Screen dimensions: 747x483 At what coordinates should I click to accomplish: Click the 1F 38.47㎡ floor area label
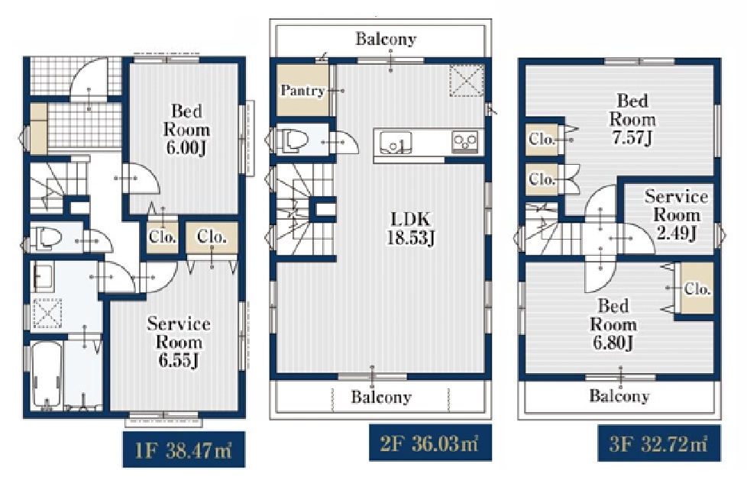184,449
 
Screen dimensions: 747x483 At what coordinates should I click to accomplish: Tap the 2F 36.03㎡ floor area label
430,443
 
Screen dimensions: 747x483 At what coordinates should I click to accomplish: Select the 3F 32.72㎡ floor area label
659,443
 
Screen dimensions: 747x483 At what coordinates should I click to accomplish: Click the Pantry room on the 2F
303,90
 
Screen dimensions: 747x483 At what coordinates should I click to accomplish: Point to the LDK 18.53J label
411,228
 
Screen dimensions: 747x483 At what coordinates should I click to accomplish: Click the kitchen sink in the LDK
396,141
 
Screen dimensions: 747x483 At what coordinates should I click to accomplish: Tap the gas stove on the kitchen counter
464,141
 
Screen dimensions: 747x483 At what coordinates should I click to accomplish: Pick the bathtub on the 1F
47,374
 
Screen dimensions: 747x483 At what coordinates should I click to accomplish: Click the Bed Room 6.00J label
186,130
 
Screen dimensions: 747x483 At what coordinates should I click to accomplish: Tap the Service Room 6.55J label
179,342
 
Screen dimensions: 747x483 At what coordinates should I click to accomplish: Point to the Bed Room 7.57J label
632,119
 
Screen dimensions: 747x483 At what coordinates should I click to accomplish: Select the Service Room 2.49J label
676,214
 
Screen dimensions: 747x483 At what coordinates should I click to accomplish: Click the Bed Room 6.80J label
613,324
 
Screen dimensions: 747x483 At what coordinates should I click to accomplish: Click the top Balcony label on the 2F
386,39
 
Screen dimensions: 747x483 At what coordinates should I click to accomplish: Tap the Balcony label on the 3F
619,395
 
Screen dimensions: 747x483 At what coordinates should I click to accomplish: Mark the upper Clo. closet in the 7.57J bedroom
542,140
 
